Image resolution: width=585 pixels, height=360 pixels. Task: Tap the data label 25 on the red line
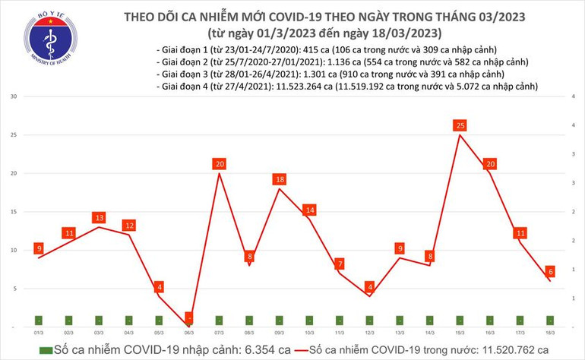459,125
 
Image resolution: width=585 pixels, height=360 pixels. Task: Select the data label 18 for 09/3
280,179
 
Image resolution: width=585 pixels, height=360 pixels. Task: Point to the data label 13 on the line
99,218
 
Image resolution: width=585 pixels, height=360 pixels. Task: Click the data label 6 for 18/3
549,271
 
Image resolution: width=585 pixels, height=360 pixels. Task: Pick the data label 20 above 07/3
220,164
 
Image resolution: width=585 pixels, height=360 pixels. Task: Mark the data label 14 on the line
309,210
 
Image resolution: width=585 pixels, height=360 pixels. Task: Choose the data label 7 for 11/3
340,264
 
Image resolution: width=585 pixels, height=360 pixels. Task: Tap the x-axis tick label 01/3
39,333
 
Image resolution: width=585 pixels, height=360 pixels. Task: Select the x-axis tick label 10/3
309,333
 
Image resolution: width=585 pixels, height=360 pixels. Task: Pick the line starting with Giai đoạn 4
346,87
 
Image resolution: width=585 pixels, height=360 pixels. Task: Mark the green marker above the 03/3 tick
99,320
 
